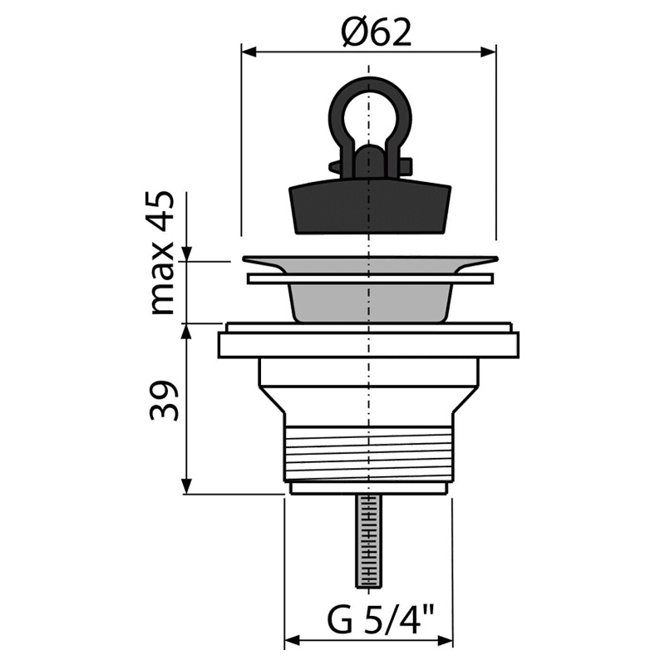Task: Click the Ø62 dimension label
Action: click(x=377, y=32)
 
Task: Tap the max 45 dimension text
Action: click(x=162, y=254)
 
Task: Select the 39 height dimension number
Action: click(x=163, y=401)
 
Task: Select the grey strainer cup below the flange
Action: click(x=370, y=303)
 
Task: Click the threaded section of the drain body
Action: click(x=369, y=454)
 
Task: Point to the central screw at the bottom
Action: click(x=369, y=542)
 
